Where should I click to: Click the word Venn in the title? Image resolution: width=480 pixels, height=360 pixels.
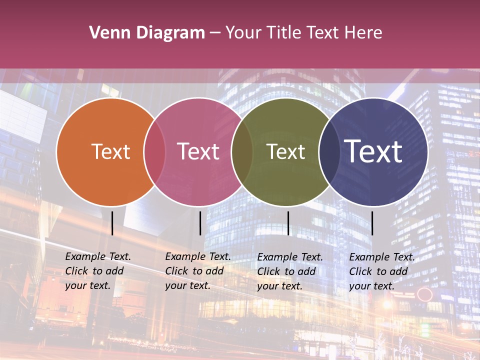pyautogui.click(x=106, y=33)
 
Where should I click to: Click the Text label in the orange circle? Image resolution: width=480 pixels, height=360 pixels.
pyautogui.click(x=110, y=151)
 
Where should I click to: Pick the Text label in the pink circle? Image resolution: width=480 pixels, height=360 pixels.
pyautogui.click(x=198, y=151)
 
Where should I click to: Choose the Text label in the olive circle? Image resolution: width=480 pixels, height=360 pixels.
pyautogui.click(x=285, y=151)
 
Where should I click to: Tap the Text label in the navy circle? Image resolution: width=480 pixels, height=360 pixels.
pyautogui.click(x=373, y=151)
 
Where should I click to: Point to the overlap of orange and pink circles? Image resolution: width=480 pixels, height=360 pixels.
pyautogui.click(x=154, y=152)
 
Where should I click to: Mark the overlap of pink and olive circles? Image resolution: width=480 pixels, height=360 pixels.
pyautogui.click(x=242, y=152)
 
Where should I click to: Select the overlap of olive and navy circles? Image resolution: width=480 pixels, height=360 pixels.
pyautogui.click(x=329, y=152)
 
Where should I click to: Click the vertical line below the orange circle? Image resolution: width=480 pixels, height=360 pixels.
pyautogui.click(x=112, y=223)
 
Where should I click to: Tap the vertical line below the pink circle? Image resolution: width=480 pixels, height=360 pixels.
pyautogui.click(x=200, y=223)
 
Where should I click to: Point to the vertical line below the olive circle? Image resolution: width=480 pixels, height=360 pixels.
pyautogui.click(x=288, y=223)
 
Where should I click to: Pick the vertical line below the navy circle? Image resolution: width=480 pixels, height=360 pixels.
pyautogui.click(x=372, y=223)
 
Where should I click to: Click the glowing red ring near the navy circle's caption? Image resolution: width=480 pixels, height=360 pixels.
pyautogui.click(x=424, y=293)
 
